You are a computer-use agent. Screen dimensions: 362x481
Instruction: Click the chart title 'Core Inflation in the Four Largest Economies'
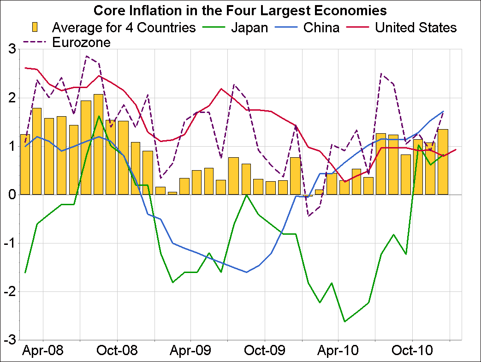240,10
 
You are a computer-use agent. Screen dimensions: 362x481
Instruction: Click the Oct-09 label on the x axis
265,350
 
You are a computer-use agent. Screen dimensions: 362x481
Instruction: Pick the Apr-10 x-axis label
338,350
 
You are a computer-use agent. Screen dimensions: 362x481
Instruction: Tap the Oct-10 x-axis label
412,350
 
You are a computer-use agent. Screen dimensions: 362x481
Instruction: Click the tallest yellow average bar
98,144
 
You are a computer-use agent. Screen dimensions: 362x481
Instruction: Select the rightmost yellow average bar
443,162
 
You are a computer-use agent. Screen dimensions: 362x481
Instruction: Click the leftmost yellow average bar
25,164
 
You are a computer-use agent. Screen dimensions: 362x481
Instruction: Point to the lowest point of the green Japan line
344,321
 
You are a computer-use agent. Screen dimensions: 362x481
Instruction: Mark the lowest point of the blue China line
246,272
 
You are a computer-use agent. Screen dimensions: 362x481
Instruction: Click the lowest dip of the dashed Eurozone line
308,216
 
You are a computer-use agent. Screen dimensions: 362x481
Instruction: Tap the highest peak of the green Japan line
99,116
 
